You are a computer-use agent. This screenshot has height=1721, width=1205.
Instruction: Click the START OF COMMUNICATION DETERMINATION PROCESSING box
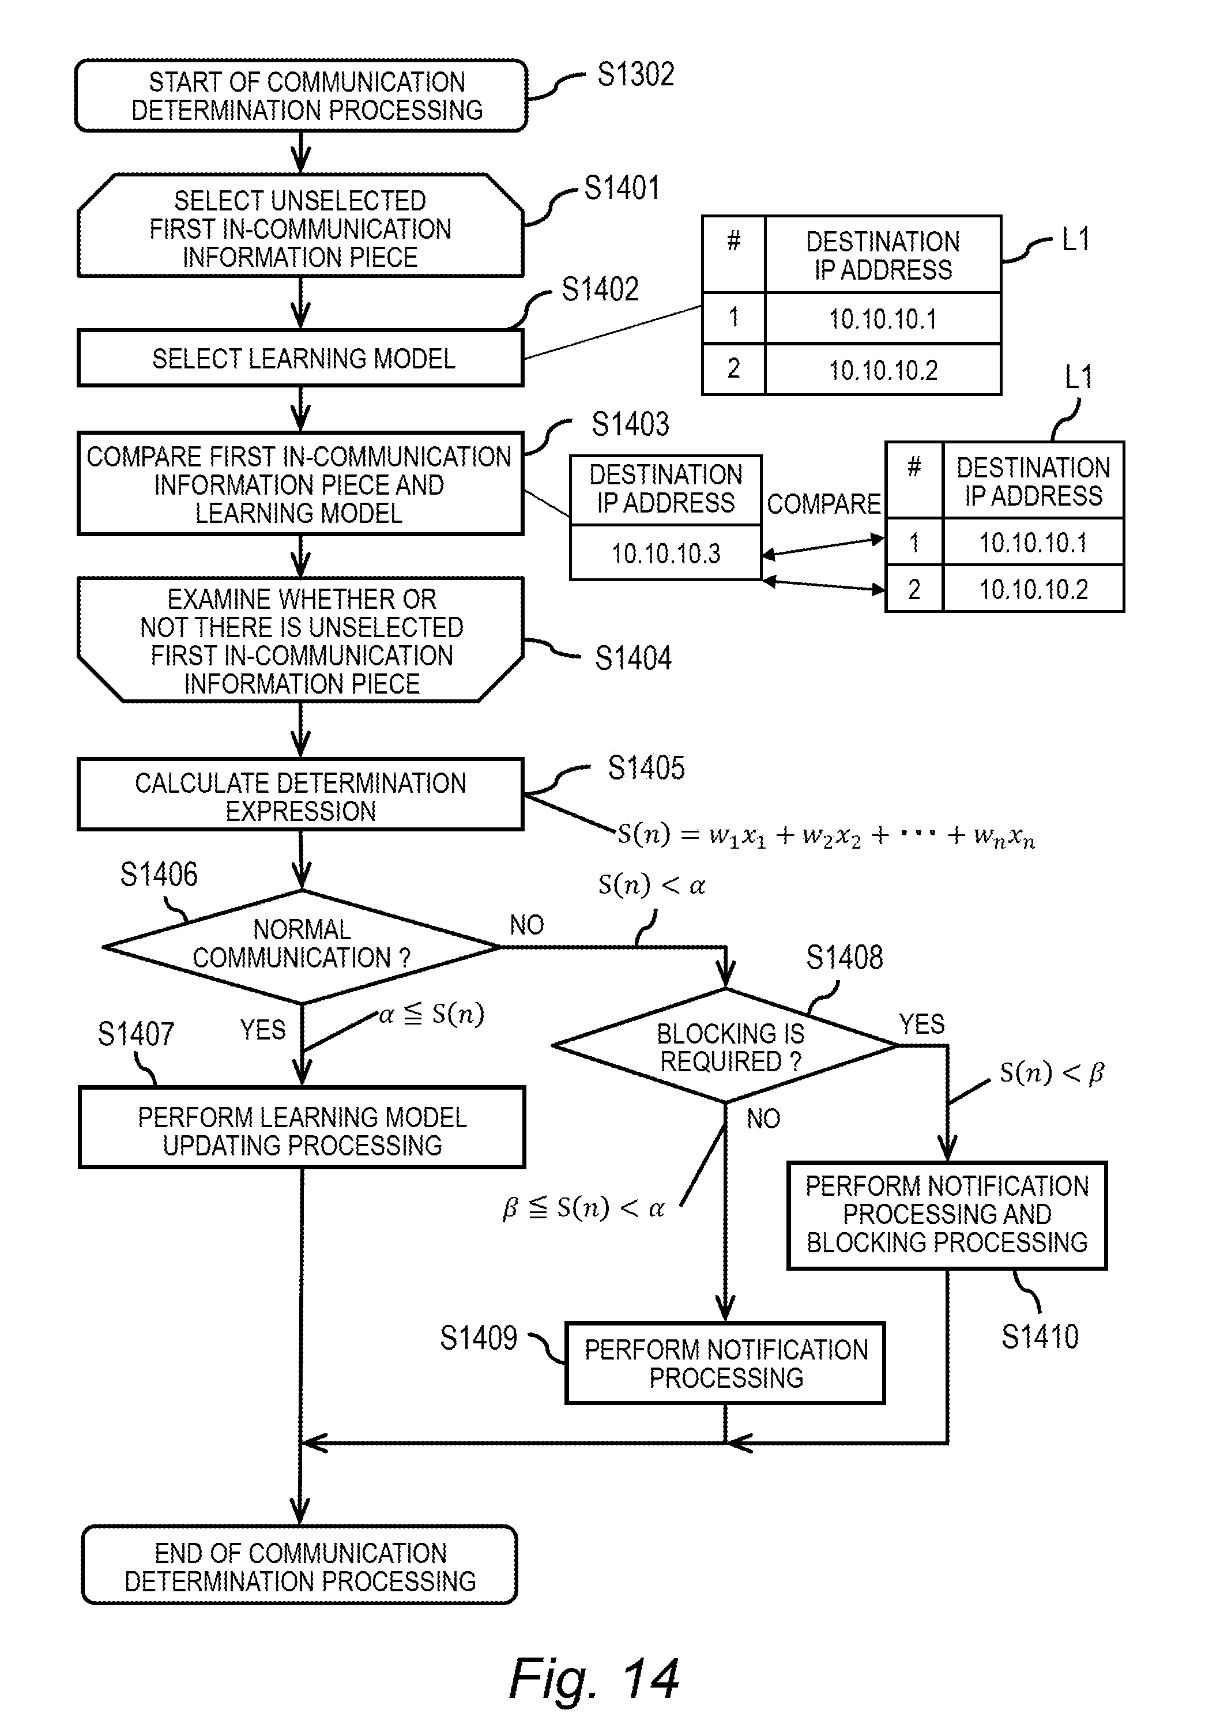(300, 96)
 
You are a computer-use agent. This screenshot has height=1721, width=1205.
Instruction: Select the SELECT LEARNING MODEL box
(300, 358)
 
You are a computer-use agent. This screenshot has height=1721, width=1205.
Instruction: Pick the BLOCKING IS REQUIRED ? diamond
(725, 1046)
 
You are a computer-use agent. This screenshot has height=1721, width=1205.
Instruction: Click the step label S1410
(1040, 1337)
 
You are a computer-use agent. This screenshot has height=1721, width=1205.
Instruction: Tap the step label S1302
(635, 75)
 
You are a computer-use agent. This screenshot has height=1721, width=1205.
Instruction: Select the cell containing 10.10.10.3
(665, 553)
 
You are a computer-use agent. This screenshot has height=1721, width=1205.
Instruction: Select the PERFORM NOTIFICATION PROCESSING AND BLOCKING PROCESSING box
(947, 1214)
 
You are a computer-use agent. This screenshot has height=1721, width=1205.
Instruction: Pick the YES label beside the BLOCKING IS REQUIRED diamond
(922, 1024)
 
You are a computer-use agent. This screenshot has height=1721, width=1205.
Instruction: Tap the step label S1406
(159, 875)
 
